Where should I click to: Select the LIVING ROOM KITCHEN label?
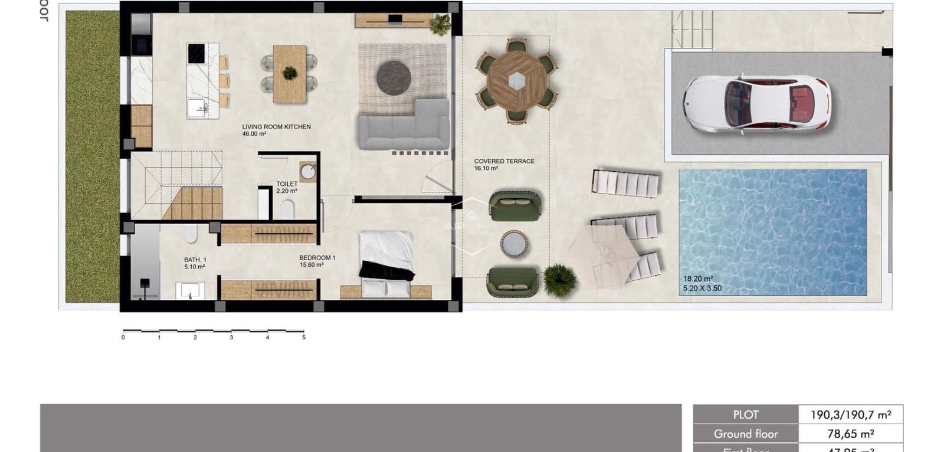[276, 127]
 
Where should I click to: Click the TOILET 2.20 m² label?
[287, 187]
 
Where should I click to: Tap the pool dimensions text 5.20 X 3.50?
[702, 289]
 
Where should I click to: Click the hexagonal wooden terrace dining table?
[516, 80]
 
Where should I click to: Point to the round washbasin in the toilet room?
[307, 172]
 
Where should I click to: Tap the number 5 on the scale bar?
[304, 338]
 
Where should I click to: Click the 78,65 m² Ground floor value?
[850, 434]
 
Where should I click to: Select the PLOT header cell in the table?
[746, 415]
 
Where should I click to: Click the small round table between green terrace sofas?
[514, 244]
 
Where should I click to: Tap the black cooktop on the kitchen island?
[195, 53]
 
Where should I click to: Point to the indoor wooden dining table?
[290, 74]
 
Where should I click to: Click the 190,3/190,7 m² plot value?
[850, 415]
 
